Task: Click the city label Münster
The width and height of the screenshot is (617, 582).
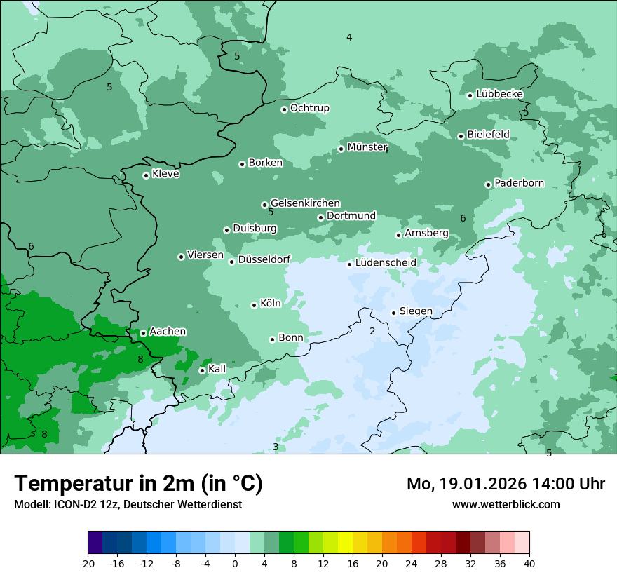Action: pos(367,147)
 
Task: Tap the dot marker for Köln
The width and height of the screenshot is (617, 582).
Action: pos(254,305)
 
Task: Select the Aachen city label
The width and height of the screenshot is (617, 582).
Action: pos(168,332)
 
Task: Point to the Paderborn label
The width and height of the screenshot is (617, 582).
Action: pos(519,183)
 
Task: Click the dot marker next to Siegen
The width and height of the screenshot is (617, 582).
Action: pos(393,313)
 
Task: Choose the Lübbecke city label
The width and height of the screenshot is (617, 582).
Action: pos(499,94)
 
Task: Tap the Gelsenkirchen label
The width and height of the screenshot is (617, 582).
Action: pos(305,203)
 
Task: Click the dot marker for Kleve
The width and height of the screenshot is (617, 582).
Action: pos(146,175)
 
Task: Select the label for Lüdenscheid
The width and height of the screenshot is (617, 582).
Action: pos(386,263)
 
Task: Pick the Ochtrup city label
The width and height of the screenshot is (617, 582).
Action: pos(309,108)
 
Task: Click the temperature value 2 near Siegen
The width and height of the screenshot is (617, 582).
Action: pos(372,331)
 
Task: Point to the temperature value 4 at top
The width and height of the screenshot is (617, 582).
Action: pos(349,37)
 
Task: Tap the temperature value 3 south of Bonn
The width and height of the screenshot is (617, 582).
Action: pos(276,447)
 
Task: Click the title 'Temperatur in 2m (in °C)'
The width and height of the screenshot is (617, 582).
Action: pos(138,484)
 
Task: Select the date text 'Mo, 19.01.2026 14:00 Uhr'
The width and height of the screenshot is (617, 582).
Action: pos(506,484)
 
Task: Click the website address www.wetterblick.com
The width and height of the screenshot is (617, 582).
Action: pos(506,504)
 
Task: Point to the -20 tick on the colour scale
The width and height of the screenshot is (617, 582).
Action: pos(88,563)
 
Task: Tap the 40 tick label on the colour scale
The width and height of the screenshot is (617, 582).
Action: pos(529,563)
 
